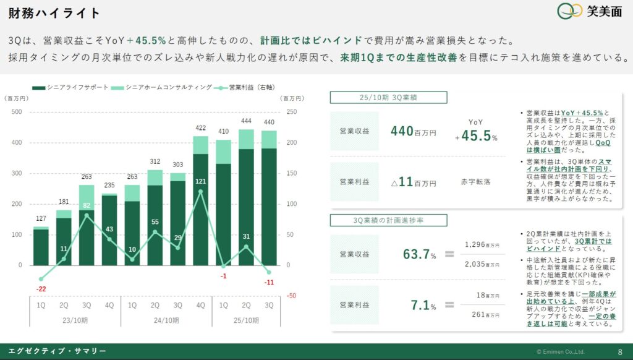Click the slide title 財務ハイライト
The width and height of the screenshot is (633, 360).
tap(55, 14)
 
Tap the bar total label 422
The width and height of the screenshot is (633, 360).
tap(201, 128)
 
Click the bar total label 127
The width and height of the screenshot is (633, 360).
tap(41, 218)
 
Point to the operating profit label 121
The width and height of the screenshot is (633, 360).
tap(201, 181)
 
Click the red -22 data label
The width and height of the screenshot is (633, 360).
tap(41, 289)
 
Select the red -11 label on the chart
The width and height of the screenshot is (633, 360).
tap(269, 282)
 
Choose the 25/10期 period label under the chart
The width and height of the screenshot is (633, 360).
tap(245, 320)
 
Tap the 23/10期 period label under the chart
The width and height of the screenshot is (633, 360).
tap(75, 320)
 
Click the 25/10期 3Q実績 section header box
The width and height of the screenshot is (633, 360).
tap(388, 97)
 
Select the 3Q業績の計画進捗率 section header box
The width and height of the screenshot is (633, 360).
tap(388, 220)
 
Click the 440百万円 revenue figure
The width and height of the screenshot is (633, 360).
tap(413, 131)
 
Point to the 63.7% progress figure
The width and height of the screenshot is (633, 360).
tap(415, 254)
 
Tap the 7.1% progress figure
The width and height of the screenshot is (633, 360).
tap(420, 304)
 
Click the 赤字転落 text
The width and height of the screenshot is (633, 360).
tap(476, 182)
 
